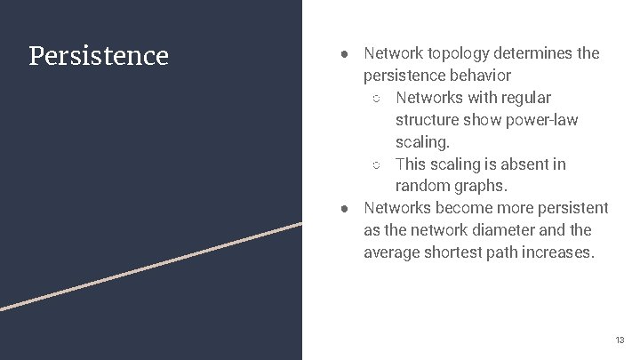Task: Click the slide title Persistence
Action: click(x=99, y=56)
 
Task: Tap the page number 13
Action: click(x=620, y=340)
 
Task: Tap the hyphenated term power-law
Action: click(x=533, y=120)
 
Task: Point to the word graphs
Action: click(x=481, y=187)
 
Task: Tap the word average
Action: click(x=391, y=253)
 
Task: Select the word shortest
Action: click(x=453, y=253)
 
